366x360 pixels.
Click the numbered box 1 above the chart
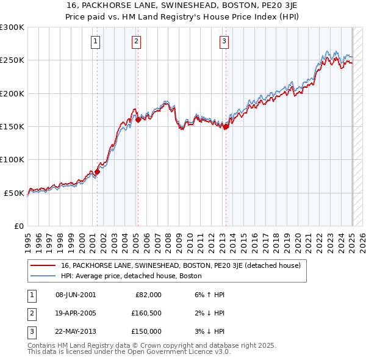[96, 41]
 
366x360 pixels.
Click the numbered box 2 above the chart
[136, 41]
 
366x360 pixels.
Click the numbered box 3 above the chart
[224, 41]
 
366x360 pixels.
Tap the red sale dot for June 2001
[97, 171]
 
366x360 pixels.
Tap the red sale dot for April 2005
[138, 120]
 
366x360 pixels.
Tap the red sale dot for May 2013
[226, 127]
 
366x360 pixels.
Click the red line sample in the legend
[44, 266]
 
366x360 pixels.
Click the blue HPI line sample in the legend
[44, 276]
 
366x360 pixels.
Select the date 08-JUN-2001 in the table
[76, 295]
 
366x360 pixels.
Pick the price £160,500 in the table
[146, 313]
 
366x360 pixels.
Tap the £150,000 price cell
[146, 331]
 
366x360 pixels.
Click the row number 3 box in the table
[30, 331]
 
